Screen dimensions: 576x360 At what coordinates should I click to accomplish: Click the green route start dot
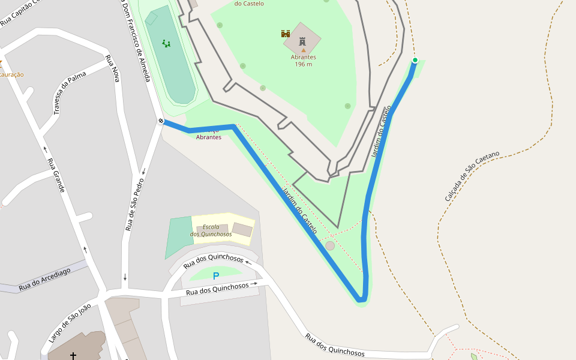click(x=415, y=60)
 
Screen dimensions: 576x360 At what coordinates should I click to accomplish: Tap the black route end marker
click(x=161, y=121)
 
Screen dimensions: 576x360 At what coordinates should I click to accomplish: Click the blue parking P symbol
click(x=216, y=276)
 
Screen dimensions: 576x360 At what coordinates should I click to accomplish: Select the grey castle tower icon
click(x=302, y=41)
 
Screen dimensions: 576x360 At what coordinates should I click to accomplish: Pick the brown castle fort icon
click(x=286, y=34)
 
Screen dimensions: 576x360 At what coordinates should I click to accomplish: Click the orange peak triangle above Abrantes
click(x=303, y=50)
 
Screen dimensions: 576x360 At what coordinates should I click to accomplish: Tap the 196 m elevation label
click(x=304, y=64)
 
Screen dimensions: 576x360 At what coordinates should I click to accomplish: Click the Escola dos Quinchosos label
click(x=211, y=230)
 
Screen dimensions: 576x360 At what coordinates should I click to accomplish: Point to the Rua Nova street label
click(x=112, y=68)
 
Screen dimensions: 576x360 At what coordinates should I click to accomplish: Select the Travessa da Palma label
click(x=69, y=94)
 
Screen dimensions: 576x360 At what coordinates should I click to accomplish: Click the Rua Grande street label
click(x=56, y=175)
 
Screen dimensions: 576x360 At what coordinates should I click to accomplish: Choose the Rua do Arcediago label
click(x=44, y=279)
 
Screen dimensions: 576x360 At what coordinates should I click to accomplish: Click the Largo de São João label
click(x=70, y=323)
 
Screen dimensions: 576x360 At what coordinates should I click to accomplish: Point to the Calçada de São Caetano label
click(x=472, y=176)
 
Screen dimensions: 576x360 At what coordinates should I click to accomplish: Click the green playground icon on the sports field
click(x=166, y=43)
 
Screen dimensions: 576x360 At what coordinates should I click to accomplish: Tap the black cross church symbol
click(x=73, y=356)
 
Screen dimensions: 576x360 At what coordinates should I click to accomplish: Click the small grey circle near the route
click(x=330, y=246)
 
